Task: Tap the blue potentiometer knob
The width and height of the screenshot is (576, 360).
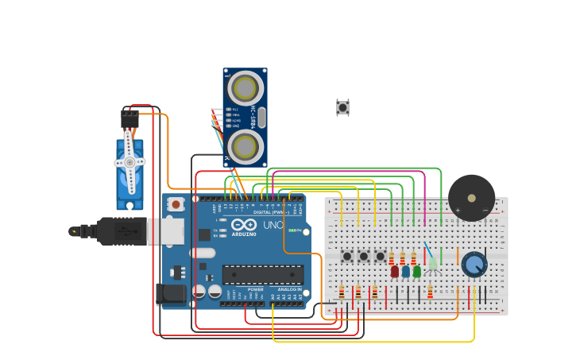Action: tap(474, 265)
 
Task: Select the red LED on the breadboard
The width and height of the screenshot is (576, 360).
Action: tap(395, 271)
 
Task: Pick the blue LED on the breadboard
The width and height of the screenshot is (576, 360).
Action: tap(406, 271)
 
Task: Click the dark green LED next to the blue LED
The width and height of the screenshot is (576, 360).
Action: tap(417, 271)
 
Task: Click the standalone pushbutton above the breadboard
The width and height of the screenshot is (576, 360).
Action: tap(342, 107)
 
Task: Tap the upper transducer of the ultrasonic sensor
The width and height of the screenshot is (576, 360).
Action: tap(245, 87)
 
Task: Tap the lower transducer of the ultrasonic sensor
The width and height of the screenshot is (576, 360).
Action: tap(245, 146)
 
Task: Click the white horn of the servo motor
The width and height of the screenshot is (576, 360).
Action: tap(130, 162)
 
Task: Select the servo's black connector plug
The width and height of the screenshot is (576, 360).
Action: tap(129, 118)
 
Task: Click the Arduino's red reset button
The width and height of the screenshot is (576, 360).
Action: tap(176, 204)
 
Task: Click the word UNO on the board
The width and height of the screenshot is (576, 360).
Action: tap(273, 226)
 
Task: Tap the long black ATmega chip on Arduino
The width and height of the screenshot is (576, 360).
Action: tap(262, 275)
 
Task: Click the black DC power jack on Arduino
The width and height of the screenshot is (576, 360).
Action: tap(170, 294)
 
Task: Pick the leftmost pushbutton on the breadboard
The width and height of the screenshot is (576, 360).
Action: tap(347, 256)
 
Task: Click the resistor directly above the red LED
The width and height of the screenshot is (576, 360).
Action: tap(392, 258)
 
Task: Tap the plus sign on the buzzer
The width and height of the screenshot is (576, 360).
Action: tap(458, 211)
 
